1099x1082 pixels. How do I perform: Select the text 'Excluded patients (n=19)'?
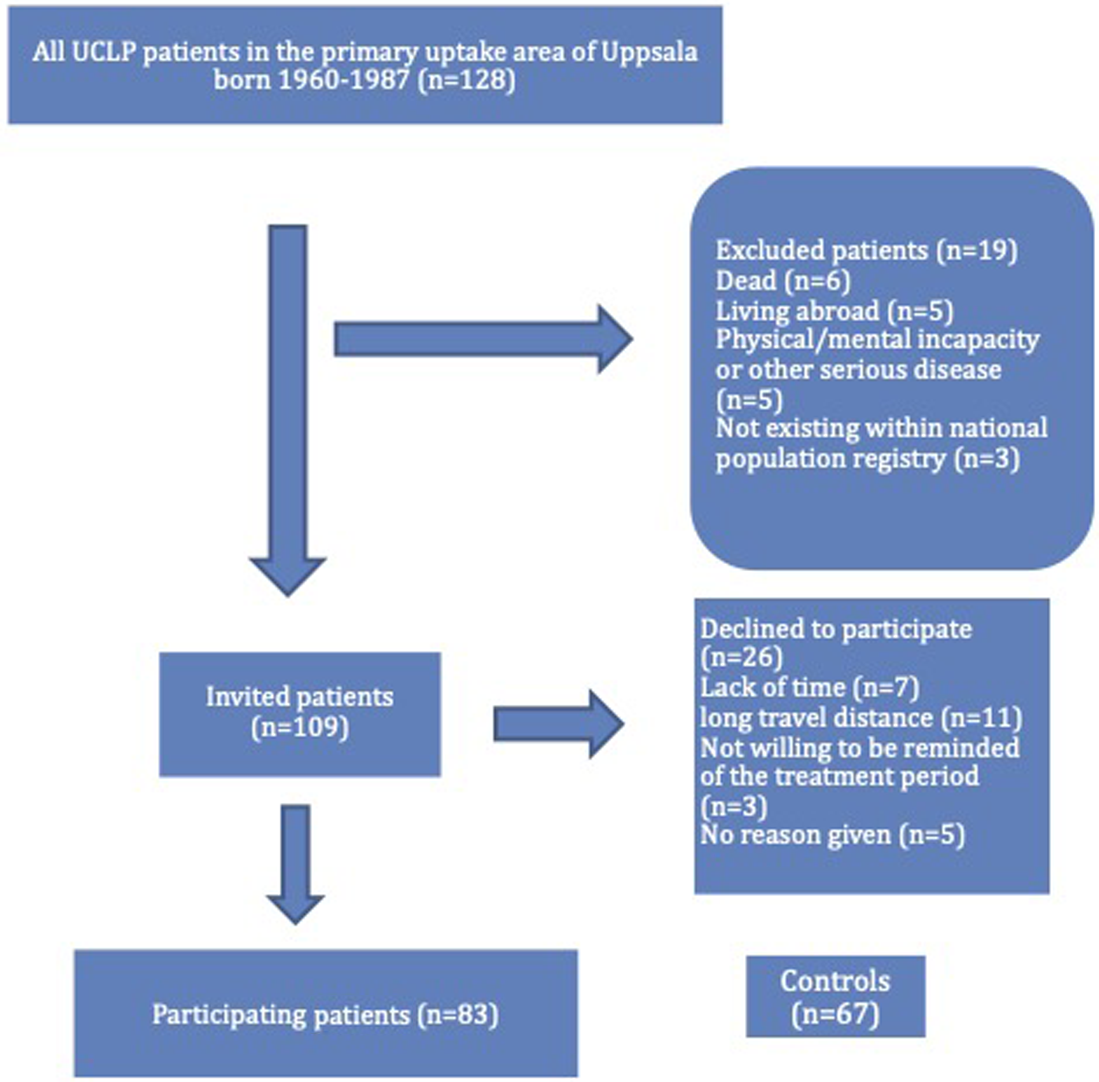point(866,250)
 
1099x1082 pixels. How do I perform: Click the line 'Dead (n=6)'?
point(782,281)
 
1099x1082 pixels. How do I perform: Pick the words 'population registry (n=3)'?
point(867,458)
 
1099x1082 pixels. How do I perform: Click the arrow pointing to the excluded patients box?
point(483,339)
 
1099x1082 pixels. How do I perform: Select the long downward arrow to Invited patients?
point(288,410)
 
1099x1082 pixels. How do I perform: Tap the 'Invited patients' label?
point(300,697)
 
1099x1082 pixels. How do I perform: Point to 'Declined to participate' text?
point(836,629)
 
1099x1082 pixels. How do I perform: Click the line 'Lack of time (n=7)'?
point(810,688)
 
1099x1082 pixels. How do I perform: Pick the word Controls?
point(835,981)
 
